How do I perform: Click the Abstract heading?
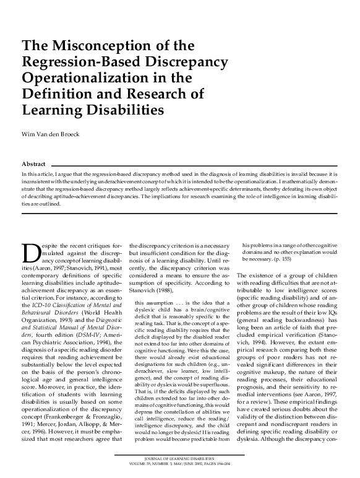coord(34,163)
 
